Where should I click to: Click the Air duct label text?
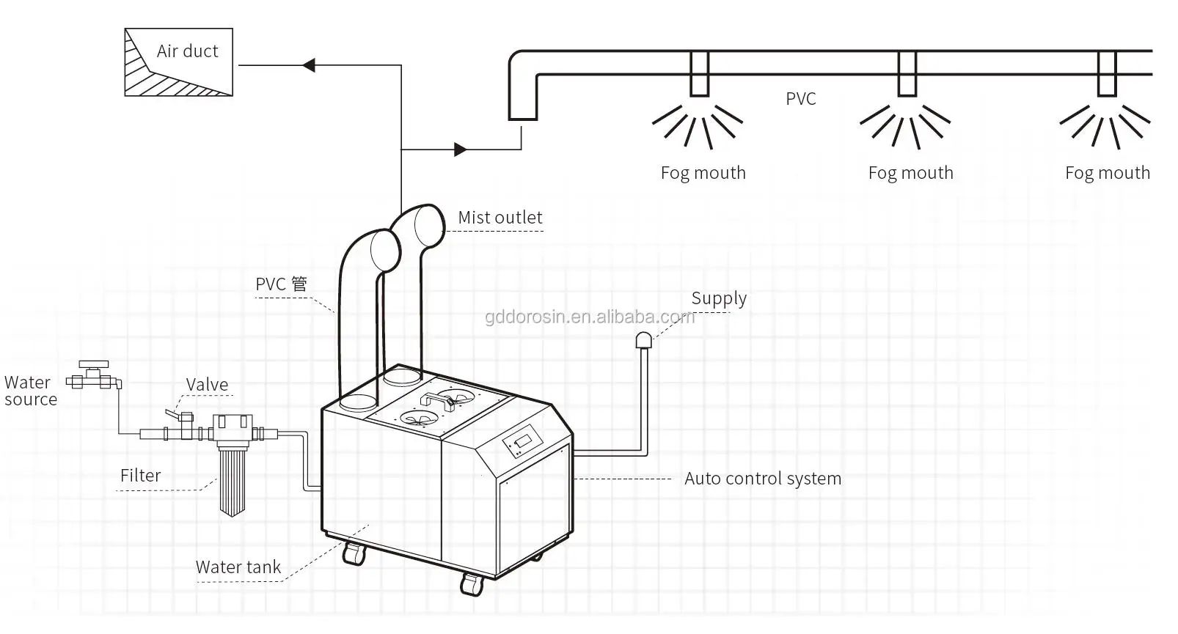click(187, 51)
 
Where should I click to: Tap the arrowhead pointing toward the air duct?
click(309, 65)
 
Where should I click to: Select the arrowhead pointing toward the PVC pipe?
click(461, 150)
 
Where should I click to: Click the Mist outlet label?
click(500, 218)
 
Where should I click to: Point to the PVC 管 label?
click(282, 284)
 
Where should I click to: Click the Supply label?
click(719, 298)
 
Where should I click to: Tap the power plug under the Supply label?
click(644, 340)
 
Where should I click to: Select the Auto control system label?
click(763, 479)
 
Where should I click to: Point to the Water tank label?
click(238, 567)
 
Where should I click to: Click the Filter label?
click(140, 476)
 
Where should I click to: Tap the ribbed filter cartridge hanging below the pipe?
click(232, 481)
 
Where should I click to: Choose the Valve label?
click(207, 385)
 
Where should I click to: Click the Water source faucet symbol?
click(94, 375)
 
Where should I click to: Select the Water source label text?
click(31, 391)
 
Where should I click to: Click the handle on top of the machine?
click(437, 401)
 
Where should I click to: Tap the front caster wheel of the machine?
click(472, 585)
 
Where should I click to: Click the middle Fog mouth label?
click(911, 173)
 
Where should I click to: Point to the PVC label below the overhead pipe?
click(801, 99)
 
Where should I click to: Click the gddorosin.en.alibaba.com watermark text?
click(590, 317)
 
